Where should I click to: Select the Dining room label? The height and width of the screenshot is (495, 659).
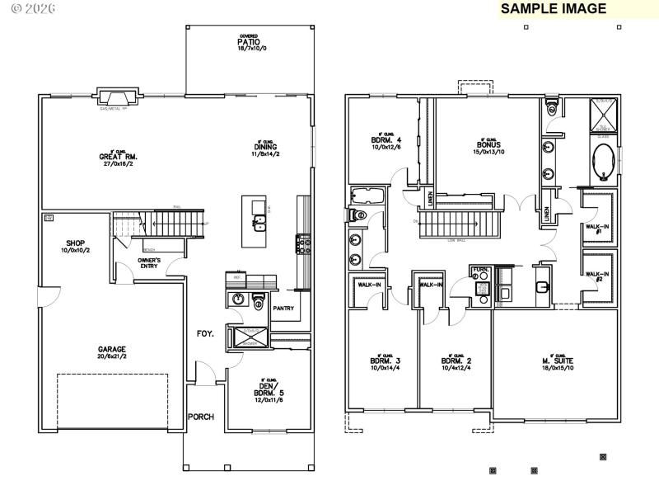pyautogui.click(x=266, y=150)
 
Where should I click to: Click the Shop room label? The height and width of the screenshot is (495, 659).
pyautogui.click(x=76, y=246)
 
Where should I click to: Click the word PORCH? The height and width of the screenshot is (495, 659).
pyautogui.click(x=200, y=417)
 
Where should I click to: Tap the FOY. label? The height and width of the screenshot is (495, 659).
pyautogui.click(x=205, y=334)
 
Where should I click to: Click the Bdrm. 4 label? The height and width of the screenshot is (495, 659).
pyautogui.click(x=386, y=142)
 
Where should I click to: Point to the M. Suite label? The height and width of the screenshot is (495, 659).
pyautogui.click(x=559, y=364)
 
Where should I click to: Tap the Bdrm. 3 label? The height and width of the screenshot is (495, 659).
pyautogui.click(x=386, y=364)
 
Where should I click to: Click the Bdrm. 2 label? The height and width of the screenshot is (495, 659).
pyautogui.click(x=456, y=364)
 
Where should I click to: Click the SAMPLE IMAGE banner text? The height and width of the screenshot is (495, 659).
pyautogui.click(x=554, y=9)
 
